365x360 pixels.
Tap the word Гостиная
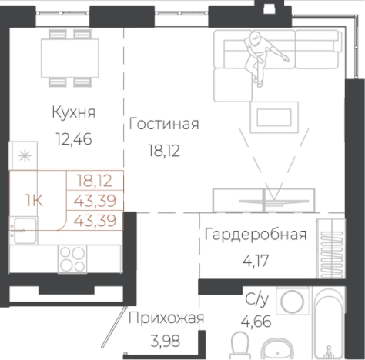[165, 124]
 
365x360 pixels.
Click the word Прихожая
[166, 318]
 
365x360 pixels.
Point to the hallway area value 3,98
[166, 342]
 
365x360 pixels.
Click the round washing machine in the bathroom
[293, 302]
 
